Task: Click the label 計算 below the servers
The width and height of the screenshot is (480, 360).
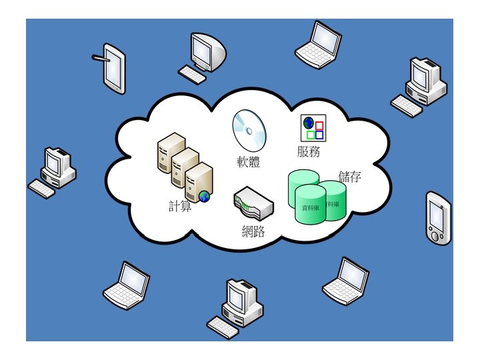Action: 180,206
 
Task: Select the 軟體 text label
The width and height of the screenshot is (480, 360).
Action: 248,161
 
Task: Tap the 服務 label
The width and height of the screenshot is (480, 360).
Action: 309,151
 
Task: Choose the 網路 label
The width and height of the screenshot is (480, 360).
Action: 253,231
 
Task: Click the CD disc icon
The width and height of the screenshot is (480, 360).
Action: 248,131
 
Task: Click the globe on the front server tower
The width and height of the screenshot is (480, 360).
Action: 204,195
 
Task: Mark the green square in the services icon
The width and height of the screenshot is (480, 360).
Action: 310,135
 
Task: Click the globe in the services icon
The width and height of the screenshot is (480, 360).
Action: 309,123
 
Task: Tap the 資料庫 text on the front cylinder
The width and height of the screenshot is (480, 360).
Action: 309,208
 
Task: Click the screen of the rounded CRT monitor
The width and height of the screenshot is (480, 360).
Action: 202,48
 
